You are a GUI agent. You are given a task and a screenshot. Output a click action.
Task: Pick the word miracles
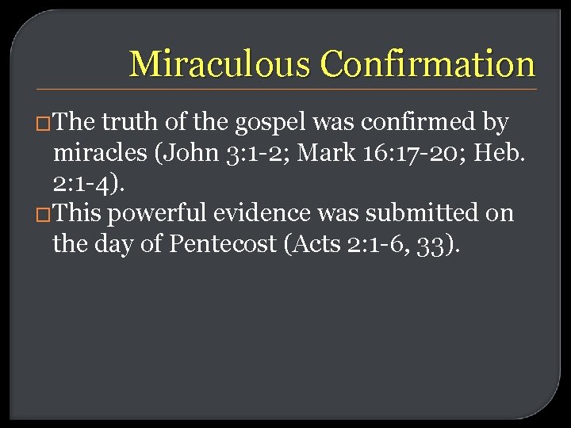pos(100,153)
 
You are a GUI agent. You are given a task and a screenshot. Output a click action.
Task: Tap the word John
pos(185,153)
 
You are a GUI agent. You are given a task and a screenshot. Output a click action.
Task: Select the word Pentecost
pos(231,244)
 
